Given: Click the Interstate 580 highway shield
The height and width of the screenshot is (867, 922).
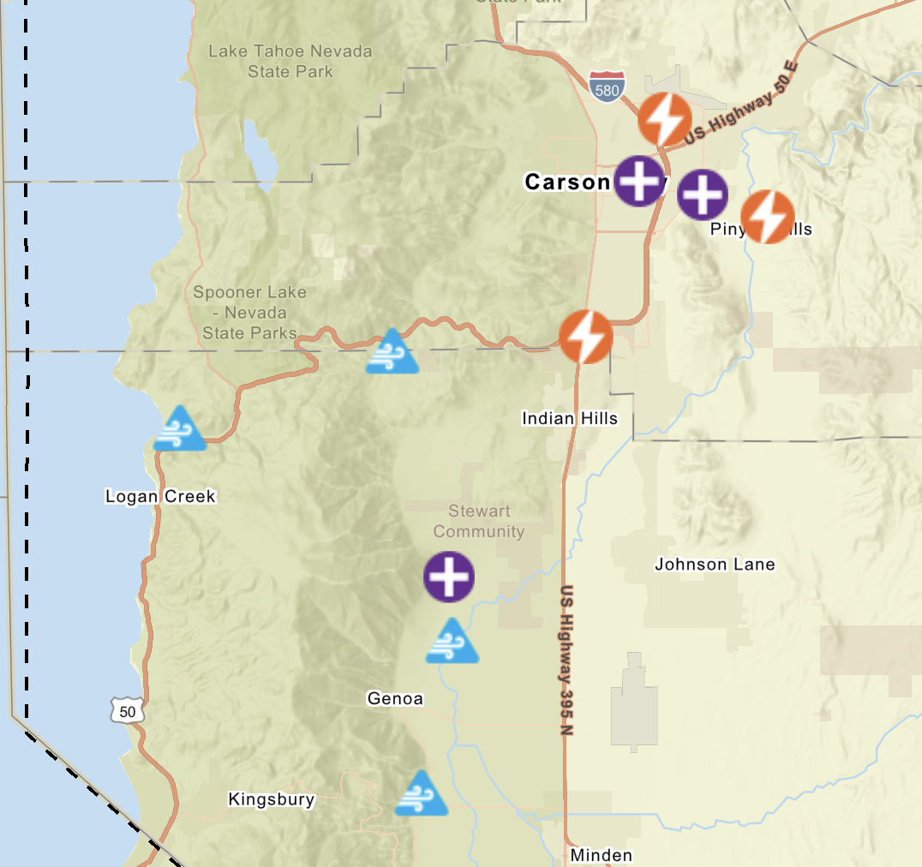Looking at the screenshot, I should coord(607,87).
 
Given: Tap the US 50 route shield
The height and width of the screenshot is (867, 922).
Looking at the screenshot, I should coord(127,710).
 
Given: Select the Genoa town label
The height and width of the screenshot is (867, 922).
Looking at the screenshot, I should coord(395,699).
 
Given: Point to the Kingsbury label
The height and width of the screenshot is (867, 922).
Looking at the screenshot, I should coord(272,800).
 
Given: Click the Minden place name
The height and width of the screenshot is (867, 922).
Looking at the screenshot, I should coord(601,855).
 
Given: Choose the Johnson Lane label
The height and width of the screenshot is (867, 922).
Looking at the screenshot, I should coord(715,565).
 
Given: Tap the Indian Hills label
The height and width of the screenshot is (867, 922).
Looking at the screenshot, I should coord(570,419).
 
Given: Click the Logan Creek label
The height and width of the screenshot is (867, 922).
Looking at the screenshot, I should coord(160,497).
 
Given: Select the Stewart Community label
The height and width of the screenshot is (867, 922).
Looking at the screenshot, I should coord(479,521).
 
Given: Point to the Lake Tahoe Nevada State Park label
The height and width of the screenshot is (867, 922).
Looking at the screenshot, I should coord(290,62).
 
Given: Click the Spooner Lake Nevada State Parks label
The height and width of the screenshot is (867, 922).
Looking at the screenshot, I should coord(249,313).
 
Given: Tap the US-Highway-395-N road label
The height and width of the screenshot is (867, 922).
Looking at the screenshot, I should coord(566,661).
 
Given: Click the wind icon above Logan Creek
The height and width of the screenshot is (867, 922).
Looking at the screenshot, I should coord(180,429).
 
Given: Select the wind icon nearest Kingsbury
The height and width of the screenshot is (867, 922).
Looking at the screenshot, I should coord(421,794).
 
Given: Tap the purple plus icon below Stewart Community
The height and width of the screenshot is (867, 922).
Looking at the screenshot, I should coord(449,577).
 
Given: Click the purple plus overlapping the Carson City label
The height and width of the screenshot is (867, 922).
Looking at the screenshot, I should coord(639,181).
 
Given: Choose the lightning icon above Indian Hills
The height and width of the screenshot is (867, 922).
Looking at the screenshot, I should coord(586,337).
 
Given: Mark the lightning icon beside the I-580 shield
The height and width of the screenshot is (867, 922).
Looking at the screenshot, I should coord(665,120).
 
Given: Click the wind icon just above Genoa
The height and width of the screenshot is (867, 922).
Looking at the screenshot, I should coord(452,643).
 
